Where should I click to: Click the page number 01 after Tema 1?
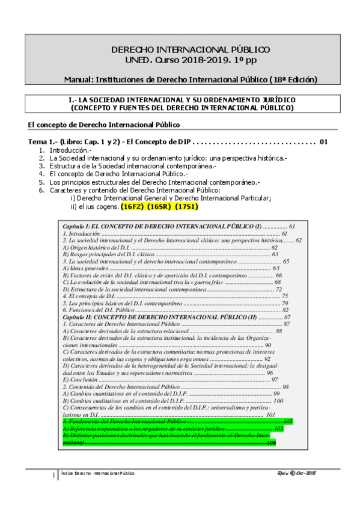(x=324, y=142)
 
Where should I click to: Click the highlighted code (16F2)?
(x=133, y=206)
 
